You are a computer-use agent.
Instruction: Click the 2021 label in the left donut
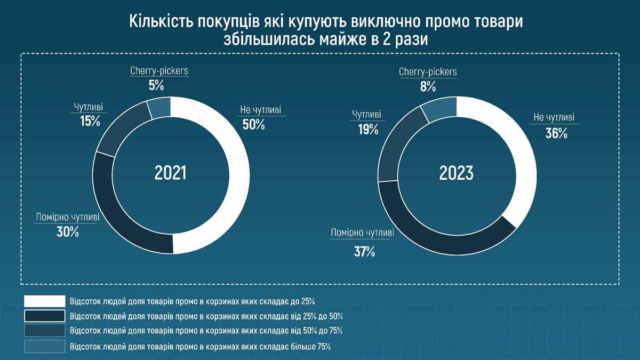[x=170, y=173]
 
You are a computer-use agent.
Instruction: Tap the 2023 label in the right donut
[x=456, y=173]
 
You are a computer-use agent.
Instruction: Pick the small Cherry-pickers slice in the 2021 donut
[x=159, y=109]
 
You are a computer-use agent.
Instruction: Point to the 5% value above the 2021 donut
[x=156, y=85]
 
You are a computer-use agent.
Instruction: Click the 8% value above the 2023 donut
[x=428, y=86]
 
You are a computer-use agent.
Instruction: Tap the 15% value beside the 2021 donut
[x=90, y=121]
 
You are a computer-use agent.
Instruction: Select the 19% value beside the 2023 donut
[x=368, y=129]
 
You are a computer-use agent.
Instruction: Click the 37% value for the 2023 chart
[x=364, y=251]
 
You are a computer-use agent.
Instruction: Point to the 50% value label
[x=253, y=125]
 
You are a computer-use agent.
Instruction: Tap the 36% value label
[x=556, y=134]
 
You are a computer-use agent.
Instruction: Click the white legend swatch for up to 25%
[x=45, y=301]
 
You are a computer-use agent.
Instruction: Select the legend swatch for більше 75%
[x=45, y=347]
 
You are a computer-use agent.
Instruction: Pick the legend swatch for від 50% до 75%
[x=45, y=331]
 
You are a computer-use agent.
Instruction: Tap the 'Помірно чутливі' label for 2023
[x=363, y=233]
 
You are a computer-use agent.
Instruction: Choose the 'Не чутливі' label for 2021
[x=260, y=110]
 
